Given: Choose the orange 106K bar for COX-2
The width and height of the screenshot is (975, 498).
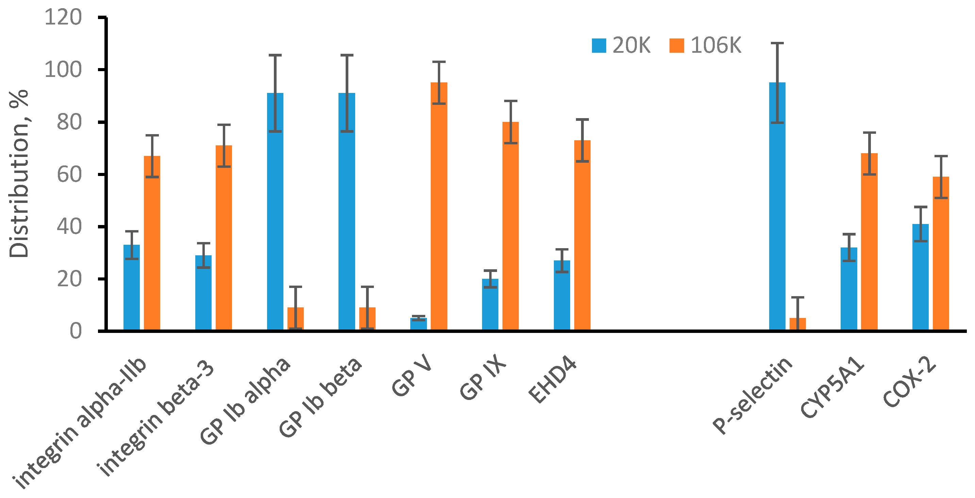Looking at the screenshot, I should pyautogui.click(x=941, y=253).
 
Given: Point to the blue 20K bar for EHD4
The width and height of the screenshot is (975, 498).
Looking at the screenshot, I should pyautogui.click(x=562, y=295).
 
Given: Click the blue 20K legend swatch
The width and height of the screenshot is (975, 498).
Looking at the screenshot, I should pyautogui.click(x=599, y=46).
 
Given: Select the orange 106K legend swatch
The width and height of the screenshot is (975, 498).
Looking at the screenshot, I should pyautogui.click(x=677, y=46).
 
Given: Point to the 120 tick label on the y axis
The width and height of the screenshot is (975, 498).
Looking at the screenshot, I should pyautogui.click(x=63, y=17).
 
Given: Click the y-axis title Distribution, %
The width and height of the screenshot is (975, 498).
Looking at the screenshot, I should pyautogui.click(x=19, y=174).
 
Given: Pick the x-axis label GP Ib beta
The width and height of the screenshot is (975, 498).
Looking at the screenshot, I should pyautogui.click(x=320, y=398).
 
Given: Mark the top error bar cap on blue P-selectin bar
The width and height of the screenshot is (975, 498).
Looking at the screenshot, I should pyautogui.click(x=777, y=43).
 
